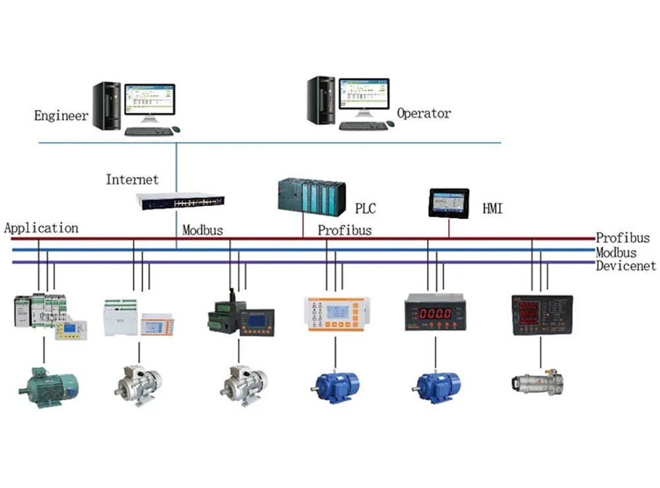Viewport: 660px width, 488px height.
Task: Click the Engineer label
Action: click(x=61, y=116)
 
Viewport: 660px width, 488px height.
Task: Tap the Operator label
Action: click(x=424, y=114)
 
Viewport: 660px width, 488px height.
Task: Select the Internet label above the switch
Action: click(x=132, y=180)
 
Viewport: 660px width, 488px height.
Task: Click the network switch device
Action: click(x=180, y=201)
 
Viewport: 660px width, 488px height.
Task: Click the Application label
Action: click(x=42, y=228)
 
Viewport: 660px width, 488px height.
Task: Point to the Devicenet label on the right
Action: click(x=626, y=266)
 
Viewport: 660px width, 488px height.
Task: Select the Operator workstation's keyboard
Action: click(x=362, y=126)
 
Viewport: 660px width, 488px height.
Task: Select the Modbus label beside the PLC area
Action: click(x=203, y=230)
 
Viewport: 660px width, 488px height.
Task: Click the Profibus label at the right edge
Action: click(x=623, y=238)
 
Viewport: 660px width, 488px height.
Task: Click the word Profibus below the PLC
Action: click(x=345, y=230)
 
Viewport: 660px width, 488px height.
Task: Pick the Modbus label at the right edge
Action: click(x=616, y=252)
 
